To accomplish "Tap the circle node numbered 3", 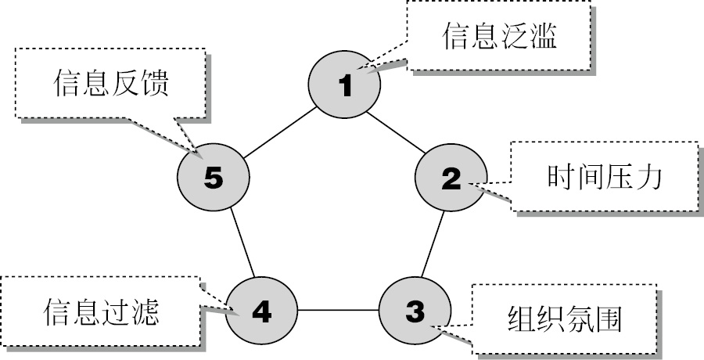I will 415,311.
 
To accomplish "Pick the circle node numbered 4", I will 262,311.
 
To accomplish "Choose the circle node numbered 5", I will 214,177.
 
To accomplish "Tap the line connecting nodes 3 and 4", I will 339,311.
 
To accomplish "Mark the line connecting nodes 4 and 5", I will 239,244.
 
